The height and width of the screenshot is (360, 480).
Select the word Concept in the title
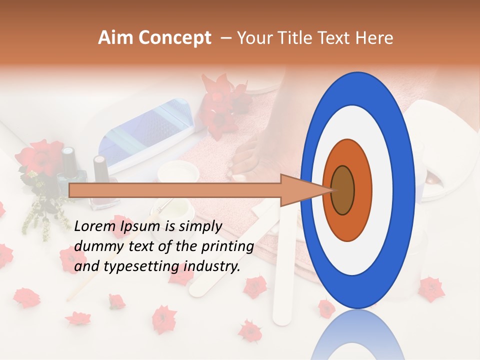click(174, 38)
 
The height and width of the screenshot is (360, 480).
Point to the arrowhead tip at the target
click(332, 190)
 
